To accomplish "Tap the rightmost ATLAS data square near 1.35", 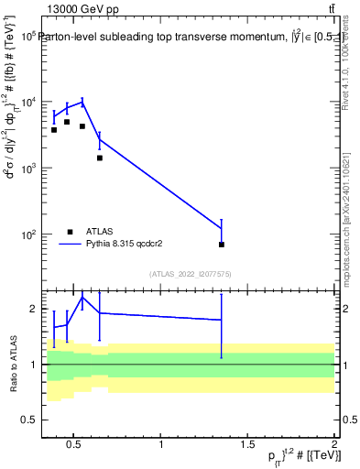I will [x=222, y=245].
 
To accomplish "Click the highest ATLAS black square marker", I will [x=67, y=122].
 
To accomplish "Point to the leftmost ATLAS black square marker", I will [x=54, y=130].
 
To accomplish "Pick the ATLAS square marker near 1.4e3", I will [x=99, y=158].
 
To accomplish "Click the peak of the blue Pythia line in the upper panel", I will [x=82, y=102].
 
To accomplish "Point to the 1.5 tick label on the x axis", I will [x=248, y=445].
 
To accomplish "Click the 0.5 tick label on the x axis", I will [x=75, y=445].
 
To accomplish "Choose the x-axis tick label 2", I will [x=334, y=445].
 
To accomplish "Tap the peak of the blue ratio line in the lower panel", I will [x=82, y=297].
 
